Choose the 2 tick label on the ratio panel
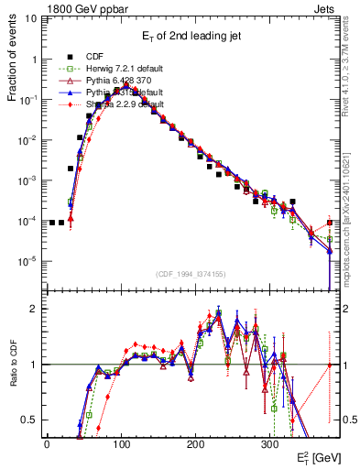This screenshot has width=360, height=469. [x=35, y=309]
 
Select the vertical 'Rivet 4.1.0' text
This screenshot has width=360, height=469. [x=352, y=64]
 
